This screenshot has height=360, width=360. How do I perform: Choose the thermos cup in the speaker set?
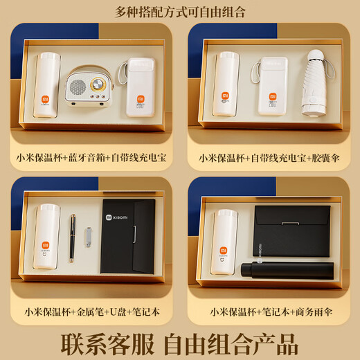coord(46,90)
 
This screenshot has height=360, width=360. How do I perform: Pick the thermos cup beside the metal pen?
coord(46,238)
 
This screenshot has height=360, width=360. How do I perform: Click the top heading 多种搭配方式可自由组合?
coord(179,12)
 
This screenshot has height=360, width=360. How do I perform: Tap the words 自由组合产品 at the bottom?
coord(234,342)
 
